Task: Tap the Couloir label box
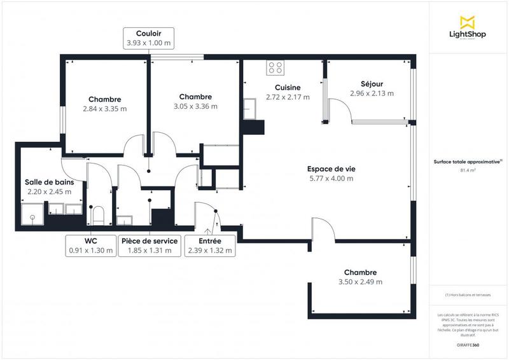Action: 148,38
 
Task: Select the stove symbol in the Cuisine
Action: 276,66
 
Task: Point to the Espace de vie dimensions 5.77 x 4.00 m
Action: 331,179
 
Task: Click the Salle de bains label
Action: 48,182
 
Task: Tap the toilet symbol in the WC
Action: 98,214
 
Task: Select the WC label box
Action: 91,246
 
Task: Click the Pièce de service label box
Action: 150,246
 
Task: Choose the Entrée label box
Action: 210,246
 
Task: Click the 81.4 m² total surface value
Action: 468,170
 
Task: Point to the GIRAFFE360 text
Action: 468,343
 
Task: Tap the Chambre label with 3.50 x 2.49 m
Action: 360,272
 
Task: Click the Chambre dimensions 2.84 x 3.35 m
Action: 105,109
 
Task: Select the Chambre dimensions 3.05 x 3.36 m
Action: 195,106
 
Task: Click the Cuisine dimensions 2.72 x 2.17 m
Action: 288,97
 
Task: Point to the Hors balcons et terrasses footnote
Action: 468,294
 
